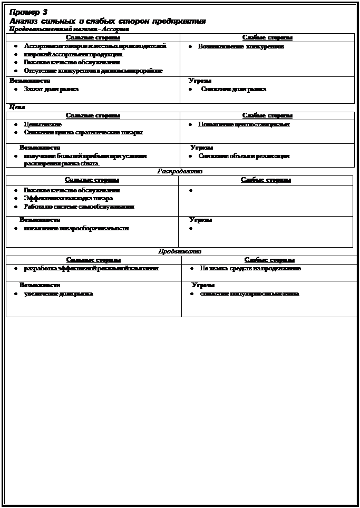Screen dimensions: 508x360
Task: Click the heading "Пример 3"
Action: [x=28, y=12]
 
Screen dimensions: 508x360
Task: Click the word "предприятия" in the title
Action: [x=179, y=21]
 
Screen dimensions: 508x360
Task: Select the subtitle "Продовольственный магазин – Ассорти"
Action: [x=69, y=30]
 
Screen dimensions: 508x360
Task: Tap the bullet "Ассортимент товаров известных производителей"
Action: [x=95, y=46]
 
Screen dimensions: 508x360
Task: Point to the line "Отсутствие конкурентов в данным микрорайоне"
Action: [x=93, y=71]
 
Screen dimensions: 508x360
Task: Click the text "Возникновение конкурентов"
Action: [x=241, y=47]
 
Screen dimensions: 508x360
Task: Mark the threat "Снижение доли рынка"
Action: [x=233, y=89]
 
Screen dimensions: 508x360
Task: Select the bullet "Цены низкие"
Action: [x=43, y=124]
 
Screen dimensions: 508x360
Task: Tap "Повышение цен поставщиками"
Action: [x=244, y=124]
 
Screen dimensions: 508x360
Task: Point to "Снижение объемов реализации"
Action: [x=244, y=156]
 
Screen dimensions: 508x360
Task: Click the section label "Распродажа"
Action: [x=180, y=171]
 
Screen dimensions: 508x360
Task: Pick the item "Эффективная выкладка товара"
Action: [x=68, y=198]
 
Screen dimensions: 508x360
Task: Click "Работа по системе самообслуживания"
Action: [x=79, y=207]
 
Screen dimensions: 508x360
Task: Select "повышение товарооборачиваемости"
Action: [x=76, y=228]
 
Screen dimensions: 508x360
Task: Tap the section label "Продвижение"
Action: [x=180, y=251]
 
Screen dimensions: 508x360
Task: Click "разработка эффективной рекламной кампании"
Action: [x=91, y=268]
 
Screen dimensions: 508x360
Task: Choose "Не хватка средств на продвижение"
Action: [x=250, y=268]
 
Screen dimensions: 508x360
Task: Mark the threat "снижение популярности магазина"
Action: [x=249, y=294]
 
